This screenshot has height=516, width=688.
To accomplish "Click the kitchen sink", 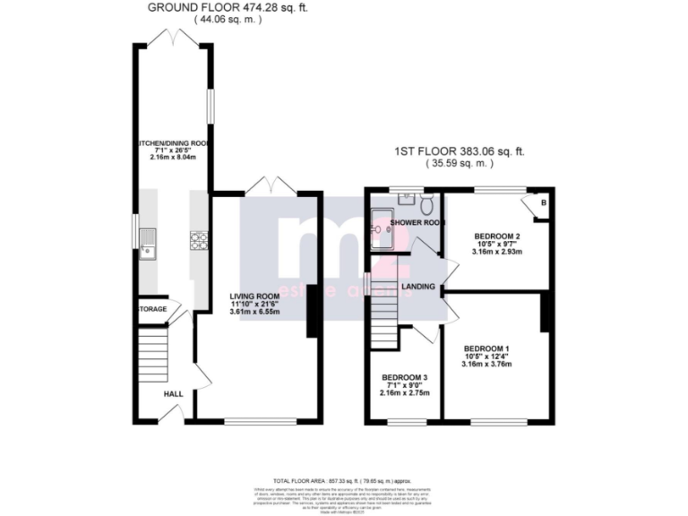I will [x=149, y=241].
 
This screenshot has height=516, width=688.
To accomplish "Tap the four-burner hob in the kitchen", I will [x=198, y=239].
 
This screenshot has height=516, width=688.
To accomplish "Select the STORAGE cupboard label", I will [x=152, y=309].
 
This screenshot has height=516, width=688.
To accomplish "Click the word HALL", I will [x=173, y=393].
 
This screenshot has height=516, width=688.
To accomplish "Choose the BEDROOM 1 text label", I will [x=486, y=348].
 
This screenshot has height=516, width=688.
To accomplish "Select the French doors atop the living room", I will [x=271, y=185].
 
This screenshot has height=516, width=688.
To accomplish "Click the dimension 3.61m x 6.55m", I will [x=255, y=316].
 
